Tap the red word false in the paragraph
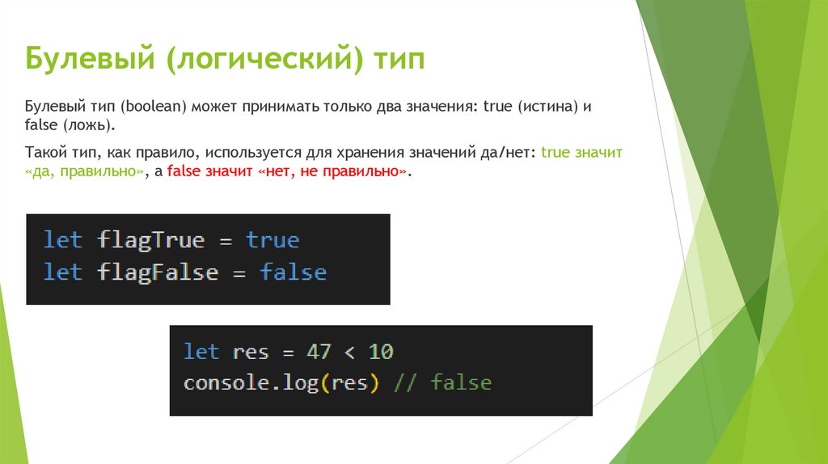(184, 171)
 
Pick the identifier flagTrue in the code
(151, 240)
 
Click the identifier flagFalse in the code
(158, 272)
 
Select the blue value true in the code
(272, 240)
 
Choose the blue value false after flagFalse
(293, 272)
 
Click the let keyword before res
(201, 352)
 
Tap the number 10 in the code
(381, 352)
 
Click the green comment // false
(441, 382)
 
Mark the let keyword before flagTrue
(63, 240)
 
